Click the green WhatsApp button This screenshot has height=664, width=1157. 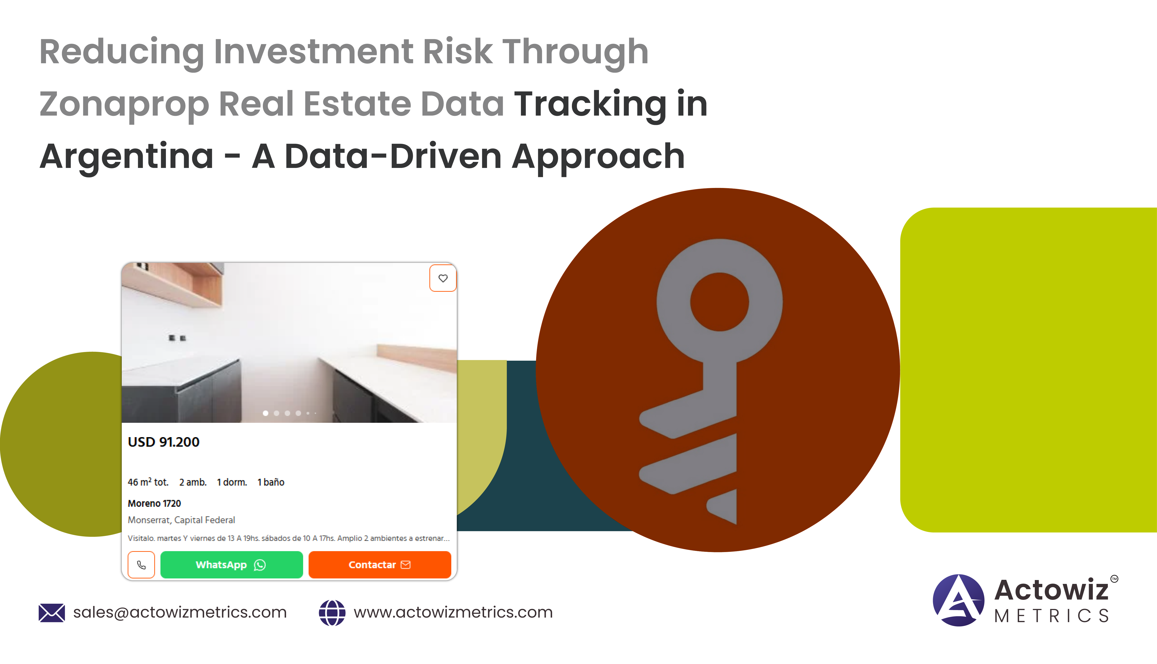tap(232, 565)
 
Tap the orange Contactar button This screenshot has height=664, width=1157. tap(379, 565)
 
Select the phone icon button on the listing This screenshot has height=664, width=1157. tap(141, 565)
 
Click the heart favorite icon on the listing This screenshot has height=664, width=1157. tap(443, 278)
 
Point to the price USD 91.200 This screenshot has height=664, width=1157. tap(164, 442)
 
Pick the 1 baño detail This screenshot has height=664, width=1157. tap(271, 482)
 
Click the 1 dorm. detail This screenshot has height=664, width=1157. tap(232, 482)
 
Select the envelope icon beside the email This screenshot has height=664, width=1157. tap(51, 613)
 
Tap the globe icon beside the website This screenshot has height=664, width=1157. tap(332, 613)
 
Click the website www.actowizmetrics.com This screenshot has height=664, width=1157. tap(453, 612)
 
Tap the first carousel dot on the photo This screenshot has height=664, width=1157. tap(265, 413)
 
